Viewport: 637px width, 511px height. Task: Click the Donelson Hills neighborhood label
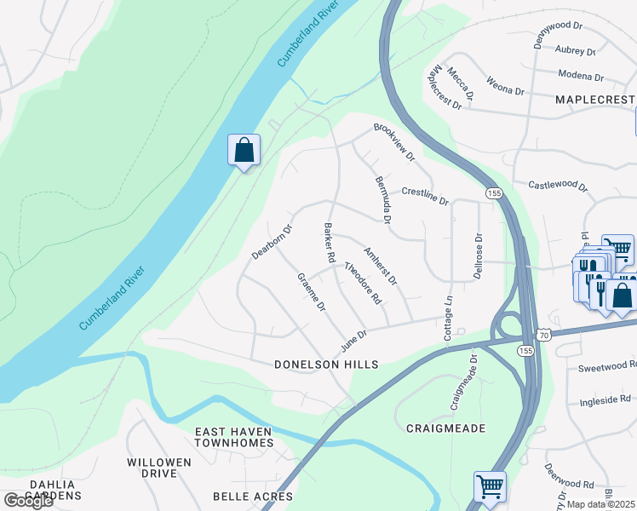pyautogui.click(x=326, y=365)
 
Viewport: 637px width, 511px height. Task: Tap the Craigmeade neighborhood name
pyautogui.click(x=445, y=428)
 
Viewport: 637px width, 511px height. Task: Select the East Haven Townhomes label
pyautogui.click(x=234, y=437)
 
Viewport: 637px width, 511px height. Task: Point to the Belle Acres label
pyautogui.click(x=252, y=497)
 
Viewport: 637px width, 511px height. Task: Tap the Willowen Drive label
pyautogui.click(x=159, y=468)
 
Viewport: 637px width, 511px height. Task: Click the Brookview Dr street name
pyautogui.click(x=393, y=142)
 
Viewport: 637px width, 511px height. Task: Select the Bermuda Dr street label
pyautogui.click(x=382, y=200)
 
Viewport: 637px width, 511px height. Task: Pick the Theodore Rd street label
pyautogui.click(x=362, y=284)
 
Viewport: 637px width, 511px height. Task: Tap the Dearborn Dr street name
pyautogui.click(x=272, y=242)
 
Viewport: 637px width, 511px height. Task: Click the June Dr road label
pyautogui.click(x=353, y=342)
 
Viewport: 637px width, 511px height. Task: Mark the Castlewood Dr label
pyautogui.click(x=558, y=184)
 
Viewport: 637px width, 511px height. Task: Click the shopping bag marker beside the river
pyautogui.click(x=244, y=151)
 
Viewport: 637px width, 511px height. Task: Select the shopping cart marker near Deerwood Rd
pyautogui.click(x=490, y=487)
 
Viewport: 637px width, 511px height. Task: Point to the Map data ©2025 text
pyautogui.click(x=600, y=504)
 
